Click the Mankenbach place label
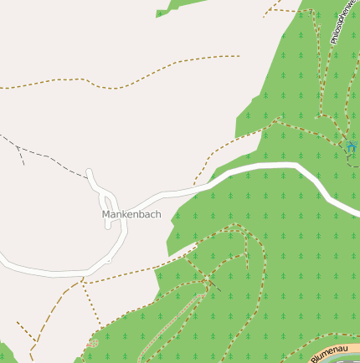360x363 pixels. [x=131, y=215]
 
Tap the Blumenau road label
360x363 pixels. [x=328, y=353]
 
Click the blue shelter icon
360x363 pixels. [x=350, y=147]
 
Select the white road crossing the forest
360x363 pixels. [x=276, y=166]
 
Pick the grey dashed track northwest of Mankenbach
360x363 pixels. [x=50, y=158]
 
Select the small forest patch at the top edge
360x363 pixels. [x=176, y=8]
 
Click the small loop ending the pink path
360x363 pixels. [x=91, y=344]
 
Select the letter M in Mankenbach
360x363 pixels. [x=106, y=215]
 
